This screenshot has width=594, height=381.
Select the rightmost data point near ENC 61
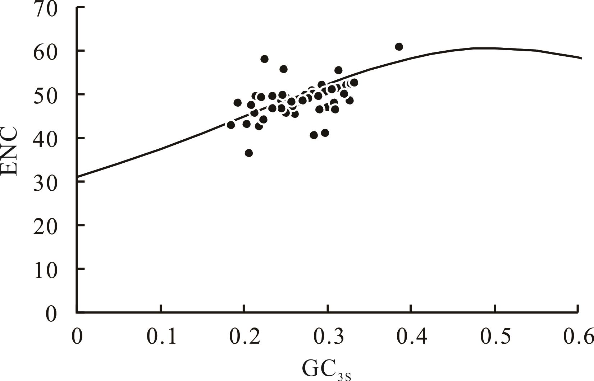[399, 47]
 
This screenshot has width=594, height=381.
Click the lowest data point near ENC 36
[249, 153]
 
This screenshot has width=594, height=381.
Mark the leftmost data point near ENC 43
[231, 125]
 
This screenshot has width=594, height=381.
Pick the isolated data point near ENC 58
[264, 59]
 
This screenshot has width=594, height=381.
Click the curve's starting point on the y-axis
[77, 177]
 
